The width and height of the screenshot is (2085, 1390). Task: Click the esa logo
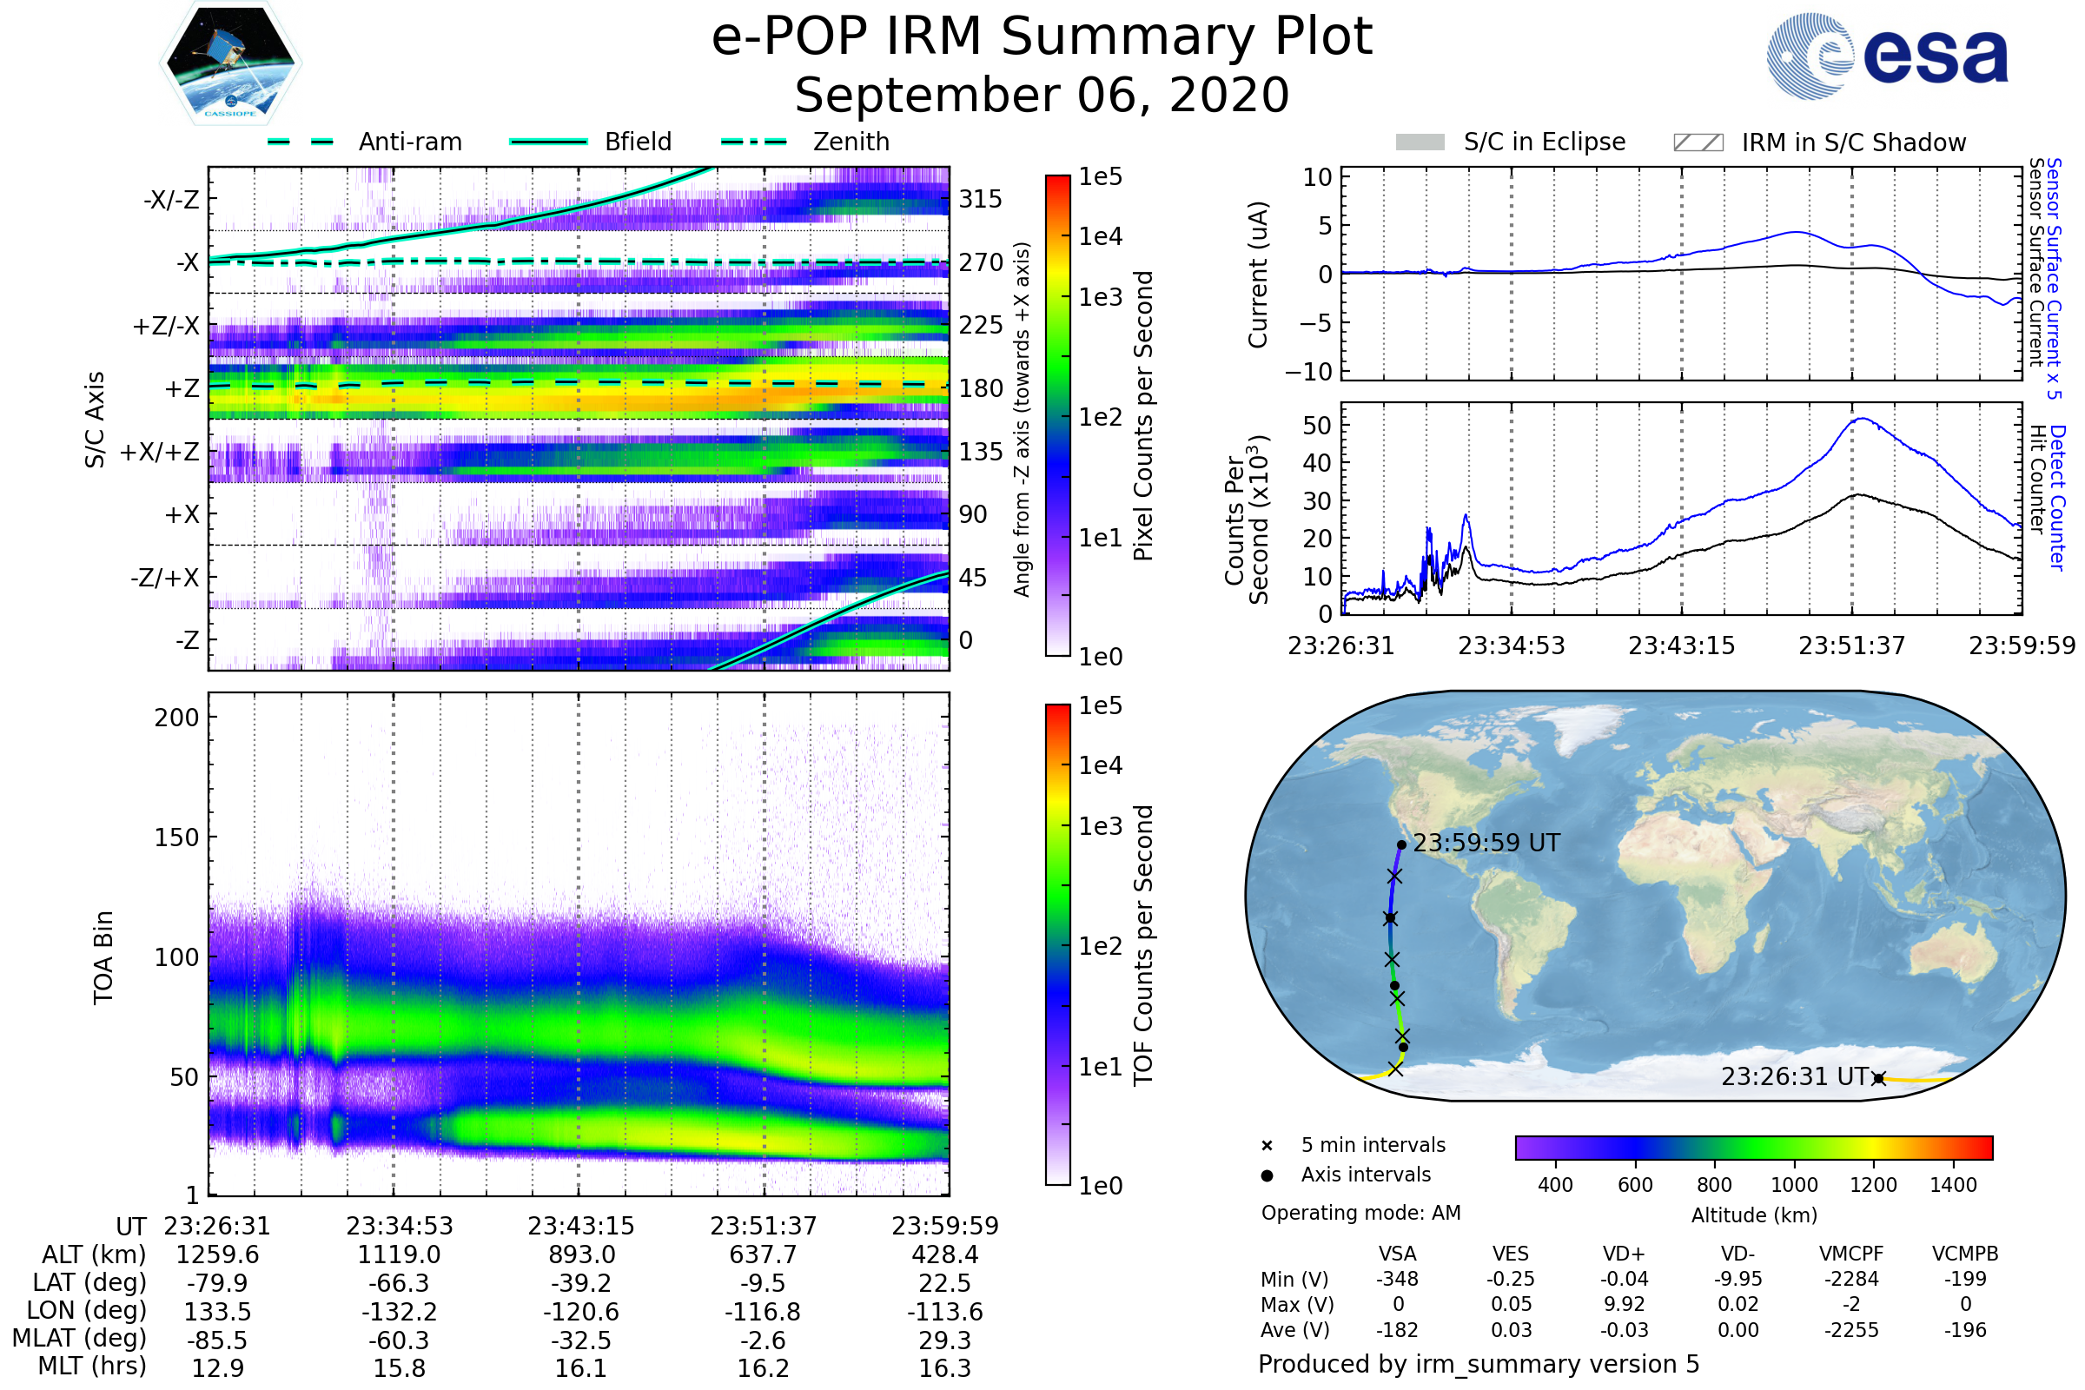tap(1888, 55)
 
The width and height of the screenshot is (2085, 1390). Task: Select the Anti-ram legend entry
tap(365, 142)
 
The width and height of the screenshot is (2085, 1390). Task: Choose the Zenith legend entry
tap(805, 142)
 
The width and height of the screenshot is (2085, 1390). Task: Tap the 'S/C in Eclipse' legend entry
tap(1511, 142)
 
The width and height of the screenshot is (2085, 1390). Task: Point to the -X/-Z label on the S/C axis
tap(171, 199)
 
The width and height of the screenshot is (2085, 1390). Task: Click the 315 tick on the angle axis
tap(981, 199)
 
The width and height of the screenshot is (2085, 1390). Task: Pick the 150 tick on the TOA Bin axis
tap(176, 837)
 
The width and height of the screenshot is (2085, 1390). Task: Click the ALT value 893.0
tap(581, 1255)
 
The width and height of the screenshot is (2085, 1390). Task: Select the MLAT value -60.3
tap(400, 1340)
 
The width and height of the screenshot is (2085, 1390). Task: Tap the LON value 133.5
tap(218, 1312)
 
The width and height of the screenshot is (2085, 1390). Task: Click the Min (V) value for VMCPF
tap(1851, 1279)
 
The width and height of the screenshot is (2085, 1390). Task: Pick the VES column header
tap(1511, 1254)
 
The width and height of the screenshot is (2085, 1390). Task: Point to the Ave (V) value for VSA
tap(1397, 1331)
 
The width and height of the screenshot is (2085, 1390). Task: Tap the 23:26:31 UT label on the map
tap(1795, 1077)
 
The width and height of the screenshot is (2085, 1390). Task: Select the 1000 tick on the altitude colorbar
tap(1794, 1185)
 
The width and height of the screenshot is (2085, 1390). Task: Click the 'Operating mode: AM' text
tap(1360, 1213)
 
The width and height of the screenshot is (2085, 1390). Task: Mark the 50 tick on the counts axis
tap(1317, 426)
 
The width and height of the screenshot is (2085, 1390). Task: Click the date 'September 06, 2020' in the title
tap(1042, 96)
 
